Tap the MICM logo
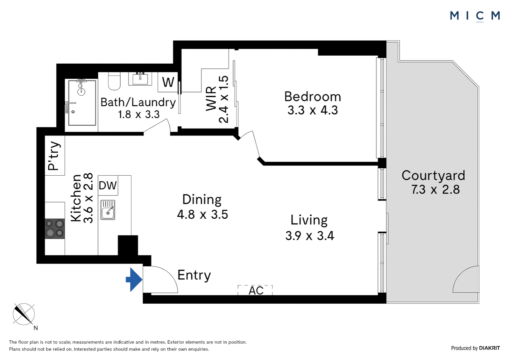[475, 16]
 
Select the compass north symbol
[24, 314]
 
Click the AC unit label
[256, 291]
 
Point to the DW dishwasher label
[108, 185]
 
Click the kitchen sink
[108, 210]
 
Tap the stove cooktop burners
[55, 228]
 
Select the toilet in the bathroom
[114, 81]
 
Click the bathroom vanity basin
[140, 79]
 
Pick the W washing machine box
[168, 82]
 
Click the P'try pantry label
[54, 155]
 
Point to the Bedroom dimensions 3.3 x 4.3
[312, 110]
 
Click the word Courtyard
[433, 175]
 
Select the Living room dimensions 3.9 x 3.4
[309, 236]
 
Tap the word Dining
[202, 199]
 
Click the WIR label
[211, 98]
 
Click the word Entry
[194, 275]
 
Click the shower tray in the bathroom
[82, 103]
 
